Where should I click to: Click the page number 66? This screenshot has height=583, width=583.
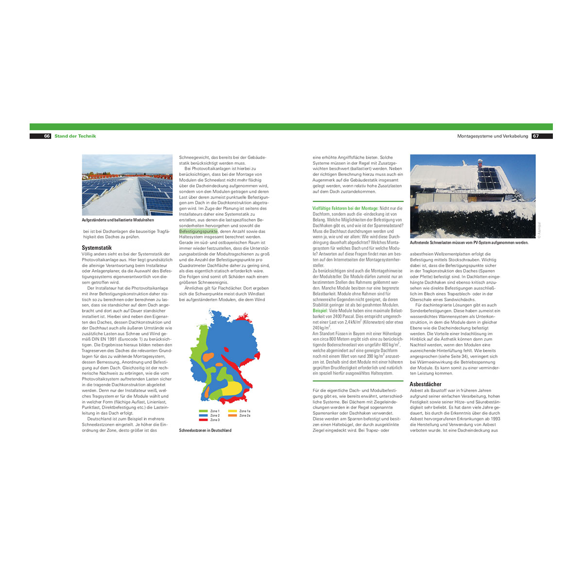[x=47, y=136]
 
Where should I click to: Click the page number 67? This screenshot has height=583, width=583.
[x=536, y=136]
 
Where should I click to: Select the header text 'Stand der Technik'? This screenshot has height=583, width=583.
[x=75, y=136]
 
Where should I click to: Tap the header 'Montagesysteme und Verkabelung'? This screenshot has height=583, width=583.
[x=492, y=136]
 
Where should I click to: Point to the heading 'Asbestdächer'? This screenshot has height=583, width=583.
[x=426, y=384]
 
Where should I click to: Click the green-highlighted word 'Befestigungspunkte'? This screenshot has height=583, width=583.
[x=198, y=232]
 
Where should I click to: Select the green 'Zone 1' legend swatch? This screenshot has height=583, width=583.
[x=203, y=411]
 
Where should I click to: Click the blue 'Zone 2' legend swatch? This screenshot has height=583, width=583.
[x=203, y=415]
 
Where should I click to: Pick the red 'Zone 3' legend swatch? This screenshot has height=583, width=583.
[x=203, y=420]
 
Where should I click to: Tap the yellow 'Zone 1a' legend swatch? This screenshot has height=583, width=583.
[x=232, y=411]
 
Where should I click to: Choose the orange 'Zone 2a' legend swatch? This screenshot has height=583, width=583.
[x=232, y=415]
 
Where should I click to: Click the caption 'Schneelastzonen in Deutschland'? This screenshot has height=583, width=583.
[x=205, y=430]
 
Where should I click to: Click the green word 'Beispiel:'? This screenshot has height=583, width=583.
[x=320, y=310]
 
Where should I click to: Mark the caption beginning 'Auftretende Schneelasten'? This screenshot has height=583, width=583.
[x=469, y=242]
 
